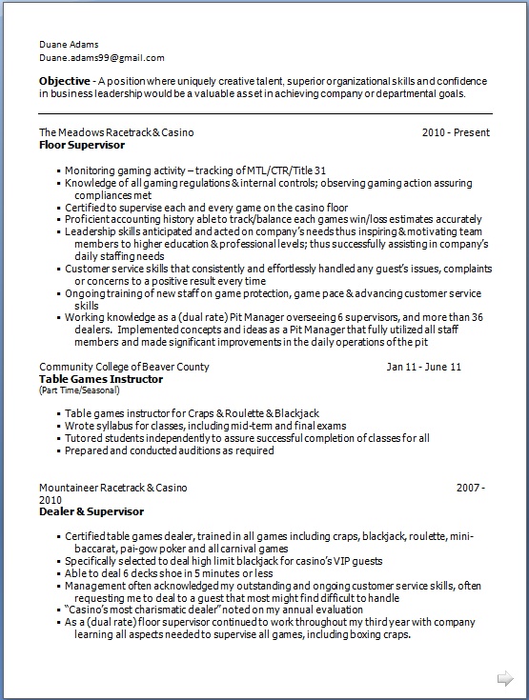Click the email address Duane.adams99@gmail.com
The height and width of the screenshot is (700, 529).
(101, 58)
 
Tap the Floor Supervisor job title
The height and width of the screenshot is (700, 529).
(81, 146)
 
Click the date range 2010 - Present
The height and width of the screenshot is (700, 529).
(457, 133)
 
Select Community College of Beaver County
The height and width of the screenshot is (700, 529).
(124, 367)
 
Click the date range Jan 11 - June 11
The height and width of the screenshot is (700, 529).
(424, 367)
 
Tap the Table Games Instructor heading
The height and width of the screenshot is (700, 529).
(101, 379)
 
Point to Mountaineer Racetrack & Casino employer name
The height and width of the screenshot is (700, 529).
(113, 488)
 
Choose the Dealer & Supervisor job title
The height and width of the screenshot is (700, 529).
(92, 511)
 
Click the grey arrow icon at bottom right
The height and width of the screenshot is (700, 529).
(505, 678)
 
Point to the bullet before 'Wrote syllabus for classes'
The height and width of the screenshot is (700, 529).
(58, 426)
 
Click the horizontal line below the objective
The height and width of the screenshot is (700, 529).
(265, 114)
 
